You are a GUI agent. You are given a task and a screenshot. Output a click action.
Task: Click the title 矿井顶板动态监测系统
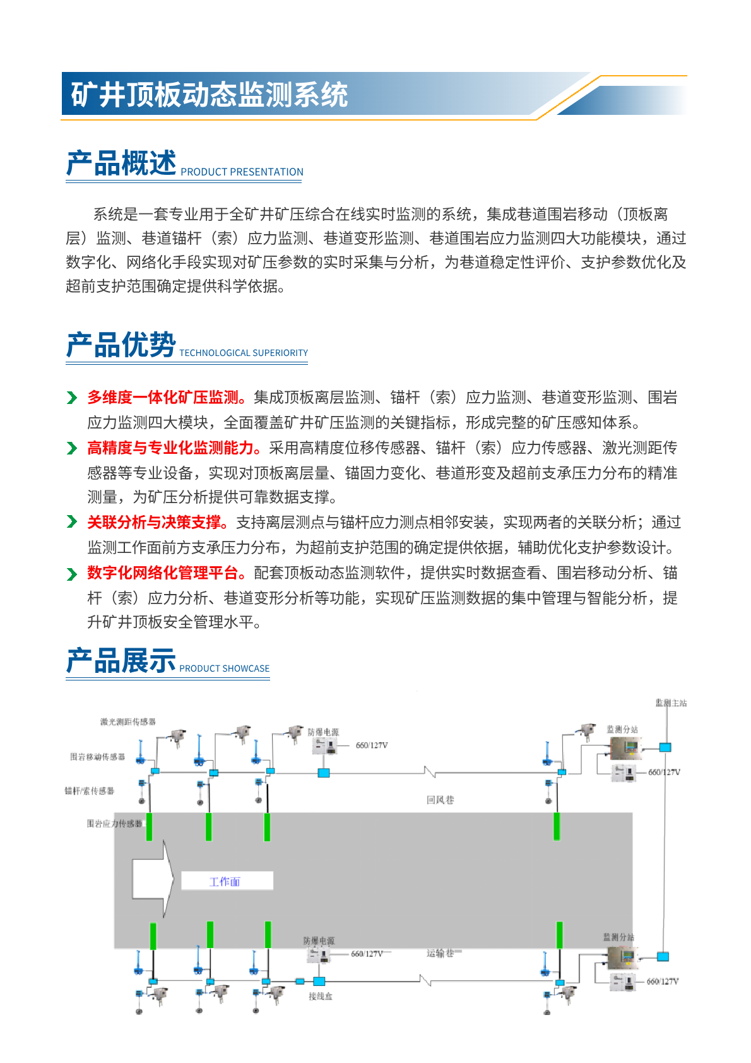click(209, 95)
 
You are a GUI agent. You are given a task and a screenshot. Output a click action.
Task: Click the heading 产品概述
click(121, 163)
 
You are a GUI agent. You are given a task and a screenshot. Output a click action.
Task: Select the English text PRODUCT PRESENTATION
click(242, 172)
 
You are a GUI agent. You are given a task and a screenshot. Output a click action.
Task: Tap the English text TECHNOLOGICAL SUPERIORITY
click(244, 353)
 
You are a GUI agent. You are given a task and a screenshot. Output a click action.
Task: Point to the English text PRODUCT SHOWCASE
click(224, 668)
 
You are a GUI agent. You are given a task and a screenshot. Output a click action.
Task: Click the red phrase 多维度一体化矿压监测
click(163, 398)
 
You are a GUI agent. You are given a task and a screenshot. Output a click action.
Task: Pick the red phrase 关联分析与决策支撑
click(155, 523)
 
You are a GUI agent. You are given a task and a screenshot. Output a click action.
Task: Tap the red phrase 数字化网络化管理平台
click(163, 573)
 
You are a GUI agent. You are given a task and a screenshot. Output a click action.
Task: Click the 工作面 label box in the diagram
click(227, 881)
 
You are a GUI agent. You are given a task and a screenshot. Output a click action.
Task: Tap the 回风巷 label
click(440, 800)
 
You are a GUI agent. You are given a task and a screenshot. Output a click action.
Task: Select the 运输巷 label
click(440, 953)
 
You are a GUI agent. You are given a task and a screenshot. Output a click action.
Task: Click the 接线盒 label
click(320, 996)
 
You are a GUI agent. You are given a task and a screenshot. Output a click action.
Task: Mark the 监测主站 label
click(671, 703)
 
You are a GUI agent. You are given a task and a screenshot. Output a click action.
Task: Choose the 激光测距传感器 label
click(127, 722)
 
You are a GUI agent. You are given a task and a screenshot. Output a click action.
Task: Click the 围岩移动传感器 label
click(97, 756)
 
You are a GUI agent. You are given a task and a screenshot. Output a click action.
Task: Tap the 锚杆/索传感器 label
click(89, 790)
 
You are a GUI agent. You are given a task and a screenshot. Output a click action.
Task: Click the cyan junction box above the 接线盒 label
click(319, 981)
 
